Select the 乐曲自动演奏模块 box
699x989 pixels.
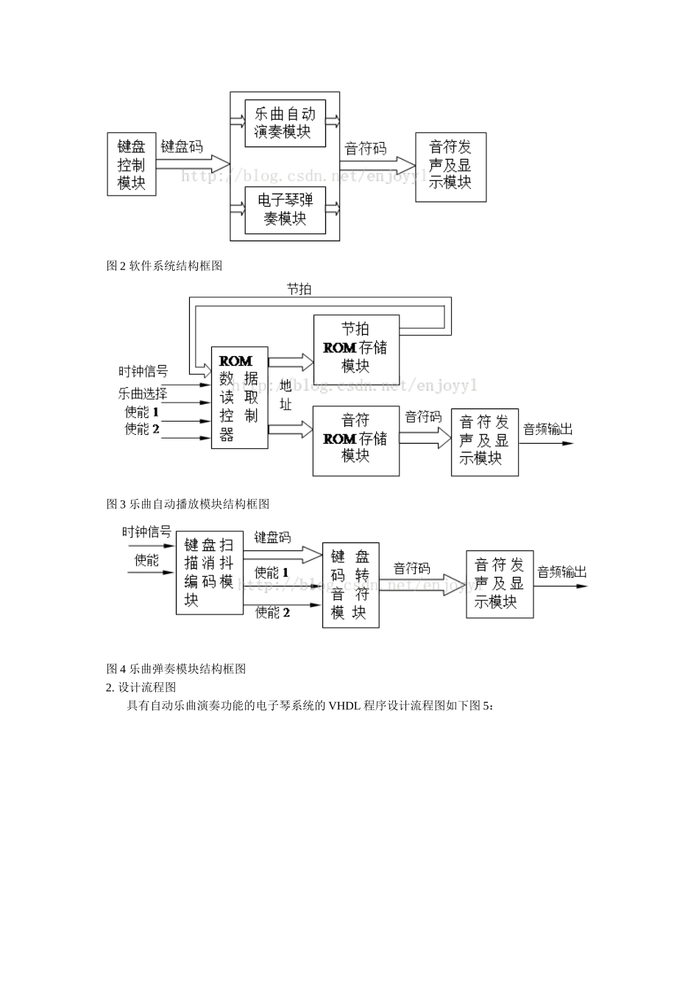285,122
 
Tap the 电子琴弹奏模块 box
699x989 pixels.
285,210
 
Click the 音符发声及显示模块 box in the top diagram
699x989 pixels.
450,167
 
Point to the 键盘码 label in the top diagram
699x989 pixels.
182,147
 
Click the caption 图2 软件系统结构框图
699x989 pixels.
164,266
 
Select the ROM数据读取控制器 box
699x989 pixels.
239,397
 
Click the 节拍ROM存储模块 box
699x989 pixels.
356,347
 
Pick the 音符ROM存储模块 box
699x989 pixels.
356,439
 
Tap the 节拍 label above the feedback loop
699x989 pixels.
299,289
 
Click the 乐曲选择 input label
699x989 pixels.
143,393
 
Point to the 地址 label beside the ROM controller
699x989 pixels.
285,395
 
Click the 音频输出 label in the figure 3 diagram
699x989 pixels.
547,429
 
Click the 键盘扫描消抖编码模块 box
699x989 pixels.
210,573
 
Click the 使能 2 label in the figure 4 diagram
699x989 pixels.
272,612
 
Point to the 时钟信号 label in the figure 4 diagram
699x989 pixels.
146,531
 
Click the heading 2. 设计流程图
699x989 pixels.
141,687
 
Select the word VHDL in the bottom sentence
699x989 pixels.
345,706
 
